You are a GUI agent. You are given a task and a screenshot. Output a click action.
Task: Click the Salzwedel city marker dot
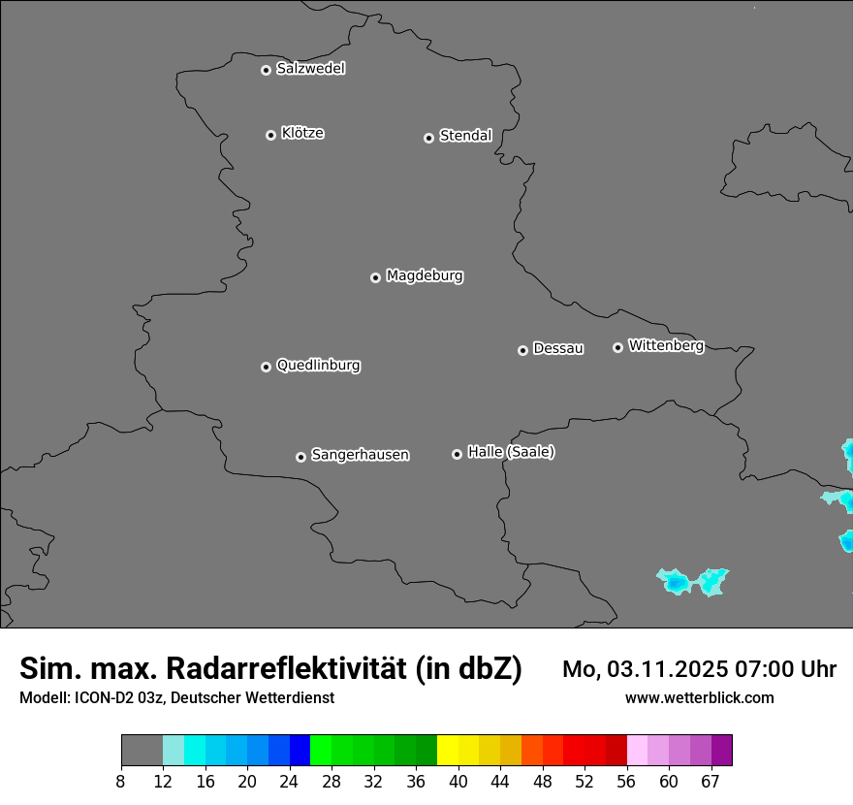(x=266, y=70)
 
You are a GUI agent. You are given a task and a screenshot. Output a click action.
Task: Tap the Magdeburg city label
(x=425, y=276)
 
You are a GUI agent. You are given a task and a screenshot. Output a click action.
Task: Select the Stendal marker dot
(x=428, y=138)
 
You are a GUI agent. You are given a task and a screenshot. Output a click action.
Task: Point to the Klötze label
(x=302, y=134)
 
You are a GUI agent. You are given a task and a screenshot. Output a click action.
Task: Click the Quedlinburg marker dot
(x=266, y=367)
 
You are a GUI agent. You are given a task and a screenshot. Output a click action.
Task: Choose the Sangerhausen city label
(x=360, y=455)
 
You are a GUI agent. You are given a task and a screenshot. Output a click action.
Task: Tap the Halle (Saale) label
(x=511, y=452)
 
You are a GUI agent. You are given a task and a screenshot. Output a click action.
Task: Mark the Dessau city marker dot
(x=522, y=350)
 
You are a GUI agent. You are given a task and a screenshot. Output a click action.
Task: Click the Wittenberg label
(x=666, y=345)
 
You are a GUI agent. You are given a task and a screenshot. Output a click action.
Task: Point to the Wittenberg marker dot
(x=617, y=347)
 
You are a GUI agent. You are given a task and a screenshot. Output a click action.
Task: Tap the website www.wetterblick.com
(x=699, y=698)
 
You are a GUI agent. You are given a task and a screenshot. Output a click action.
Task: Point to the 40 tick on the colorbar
(x=458, y=782)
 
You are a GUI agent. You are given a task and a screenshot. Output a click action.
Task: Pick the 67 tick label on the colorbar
(x=711, y=782)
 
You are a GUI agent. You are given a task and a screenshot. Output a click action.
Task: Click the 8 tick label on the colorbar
(x=121, y=782)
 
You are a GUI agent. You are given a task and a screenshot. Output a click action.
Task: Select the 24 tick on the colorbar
(x=290, y=782)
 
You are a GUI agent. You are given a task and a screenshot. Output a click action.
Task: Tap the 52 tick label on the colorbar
(x=584, y=782)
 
